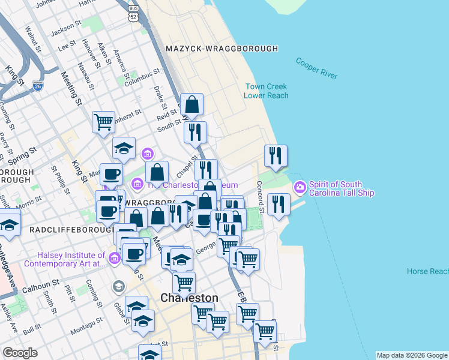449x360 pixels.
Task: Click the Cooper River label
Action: click(316, 69)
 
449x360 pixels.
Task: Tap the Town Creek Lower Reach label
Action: click(266, 91)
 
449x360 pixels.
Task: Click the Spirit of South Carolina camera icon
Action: click(299, 188)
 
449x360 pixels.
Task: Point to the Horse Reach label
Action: click(427, 271)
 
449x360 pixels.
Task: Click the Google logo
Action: click(20, 353)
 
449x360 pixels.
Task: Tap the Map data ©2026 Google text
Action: click(412, 355)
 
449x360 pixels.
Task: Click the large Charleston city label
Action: click(189, 298)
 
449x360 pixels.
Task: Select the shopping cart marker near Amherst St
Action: click(103, 121)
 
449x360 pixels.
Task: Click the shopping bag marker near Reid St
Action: click(191, 104)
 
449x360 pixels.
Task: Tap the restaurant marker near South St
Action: click(195, 132)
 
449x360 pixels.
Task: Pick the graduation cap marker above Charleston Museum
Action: click(124, 148)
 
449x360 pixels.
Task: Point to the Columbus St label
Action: click(142, 77)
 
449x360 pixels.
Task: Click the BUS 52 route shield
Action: click(133, 14)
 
